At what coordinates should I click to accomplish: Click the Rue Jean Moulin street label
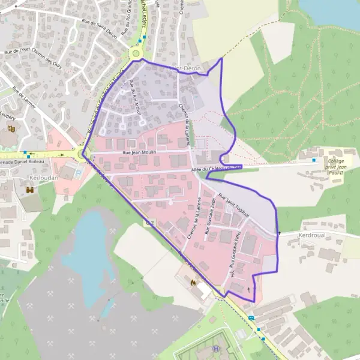[x=139, y=152]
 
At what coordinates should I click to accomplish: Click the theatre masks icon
[x=10, y=128]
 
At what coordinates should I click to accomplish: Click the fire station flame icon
[x=193, y=281]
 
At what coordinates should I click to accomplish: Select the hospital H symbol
[x=215, y=349]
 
